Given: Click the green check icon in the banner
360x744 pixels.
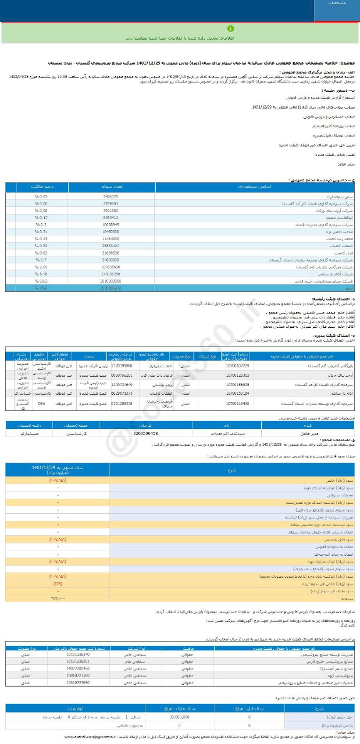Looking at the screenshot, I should (x=230, y=28).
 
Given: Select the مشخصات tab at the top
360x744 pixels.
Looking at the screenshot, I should (x=337, y=3).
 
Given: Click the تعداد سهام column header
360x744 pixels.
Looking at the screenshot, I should (x=111, y=187).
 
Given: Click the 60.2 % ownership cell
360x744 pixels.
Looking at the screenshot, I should (x=40, y=280).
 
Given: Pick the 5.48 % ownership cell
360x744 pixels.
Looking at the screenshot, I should (x=40, y=273).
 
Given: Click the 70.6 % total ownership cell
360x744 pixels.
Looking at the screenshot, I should (x=40, y=288).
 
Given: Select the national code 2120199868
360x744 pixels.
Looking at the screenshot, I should (x=122, y=366).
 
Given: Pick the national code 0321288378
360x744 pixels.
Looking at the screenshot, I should (x=122, y=403).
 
